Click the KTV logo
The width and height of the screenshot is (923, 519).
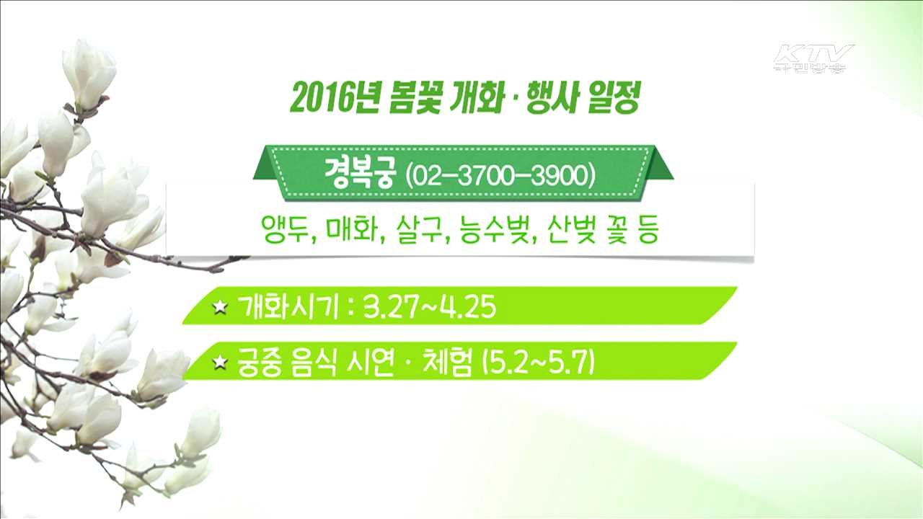813,58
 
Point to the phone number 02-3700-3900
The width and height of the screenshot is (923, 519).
500,176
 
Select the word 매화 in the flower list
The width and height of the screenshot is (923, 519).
352,232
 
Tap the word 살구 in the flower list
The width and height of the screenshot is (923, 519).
418,232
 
